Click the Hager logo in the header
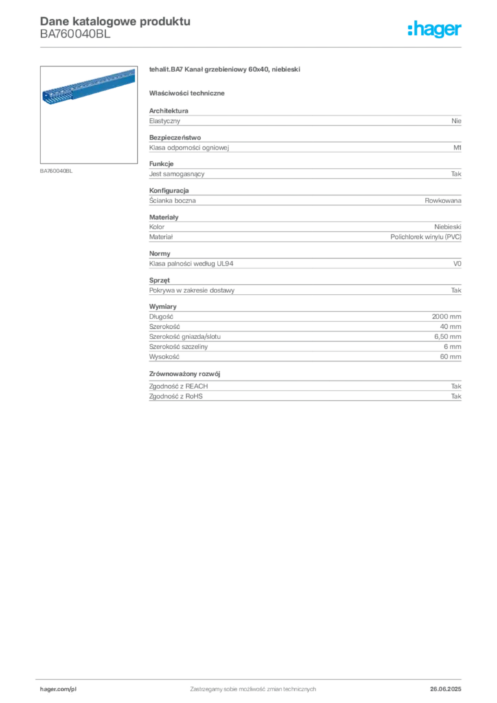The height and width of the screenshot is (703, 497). pyautogui.click(x=435, y=30)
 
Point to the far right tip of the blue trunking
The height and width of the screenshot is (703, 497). pyautogui.click(x=133, y=71)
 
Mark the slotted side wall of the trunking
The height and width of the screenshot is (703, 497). pyautogui.click(x=89, y=88)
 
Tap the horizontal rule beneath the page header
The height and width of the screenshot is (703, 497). pyautogui.click(x=252, y=45)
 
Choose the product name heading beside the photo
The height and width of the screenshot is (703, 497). pyautogui.click(x=225, y=71)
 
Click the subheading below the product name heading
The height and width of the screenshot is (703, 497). pyautogui.click(x=189, y=92)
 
